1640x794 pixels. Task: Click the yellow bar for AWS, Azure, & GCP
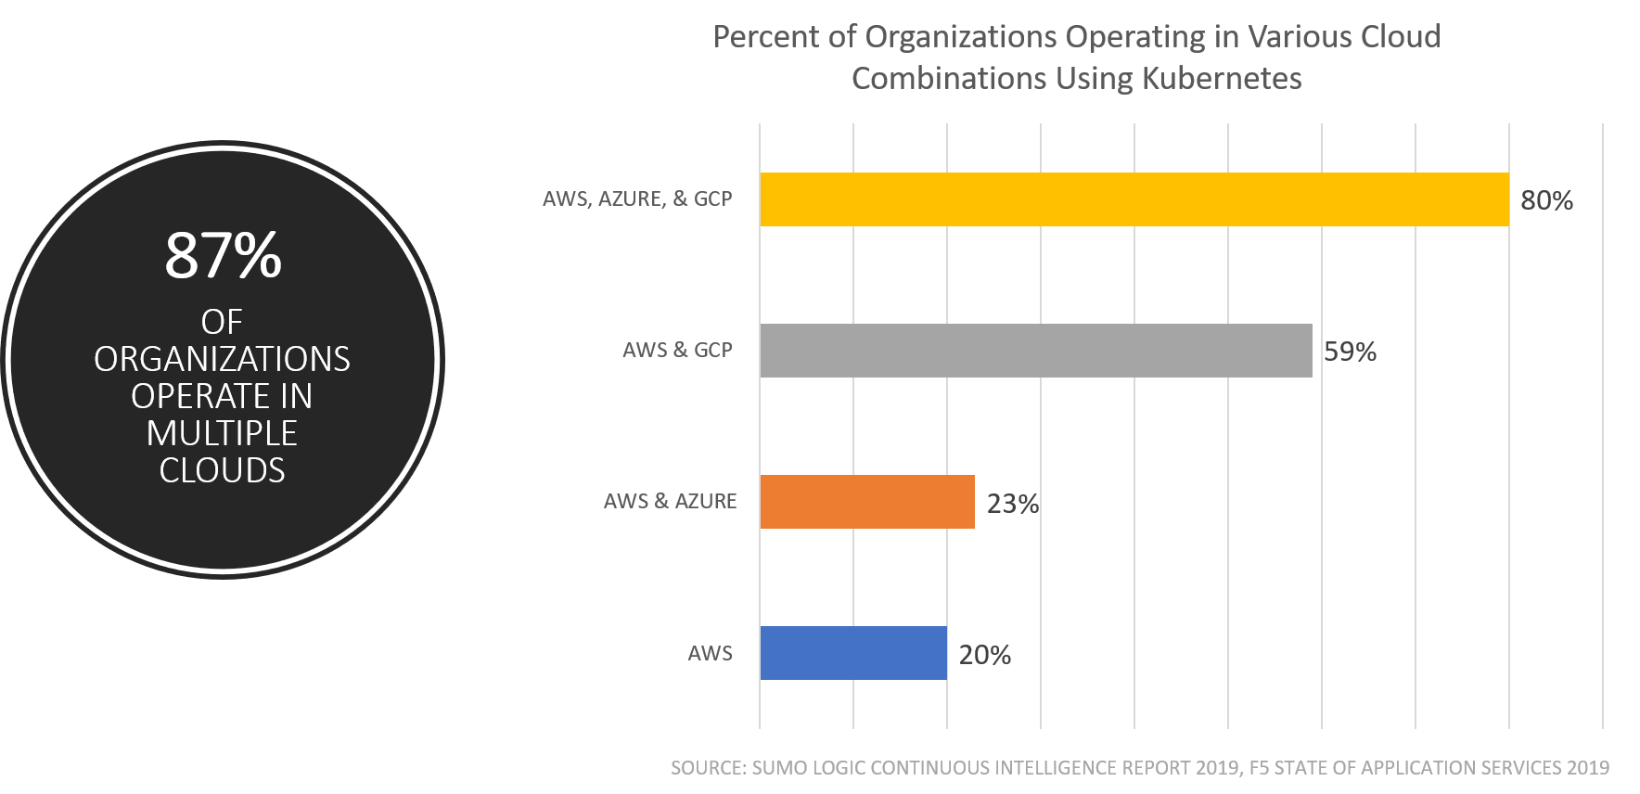[x=1134, y=199]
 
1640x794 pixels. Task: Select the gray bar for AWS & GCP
[x=1035, y=351]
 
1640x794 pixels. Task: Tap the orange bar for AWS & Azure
[x=866, y=502]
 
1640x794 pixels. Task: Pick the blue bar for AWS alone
[x=852, y=653]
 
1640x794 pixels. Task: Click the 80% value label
[x=1546, y=200]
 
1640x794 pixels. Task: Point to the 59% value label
[x=1350, y=352]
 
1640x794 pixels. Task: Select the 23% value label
[x=1012, y=504]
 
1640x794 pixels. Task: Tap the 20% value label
[x=984, y=655]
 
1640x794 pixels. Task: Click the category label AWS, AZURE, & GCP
[x=637, y=198]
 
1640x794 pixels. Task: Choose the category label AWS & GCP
[x=677, y=350]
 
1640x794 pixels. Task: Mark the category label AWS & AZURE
[x=670, y=501]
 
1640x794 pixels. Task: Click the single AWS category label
[x=710, y=653]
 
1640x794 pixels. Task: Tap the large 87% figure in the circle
[x=223, y=255]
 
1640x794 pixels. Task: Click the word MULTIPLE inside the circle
[x=222, y=433]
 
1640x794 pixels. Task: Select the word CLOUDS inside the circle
[x=222, y=470]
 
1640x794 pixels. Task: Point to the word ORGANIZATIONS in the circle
[x=222, y=359]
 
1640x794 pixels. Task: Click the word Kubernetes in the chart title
[x=1221, y=78]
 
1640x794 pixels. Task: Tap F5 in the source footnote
[x=1259, y=768]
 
